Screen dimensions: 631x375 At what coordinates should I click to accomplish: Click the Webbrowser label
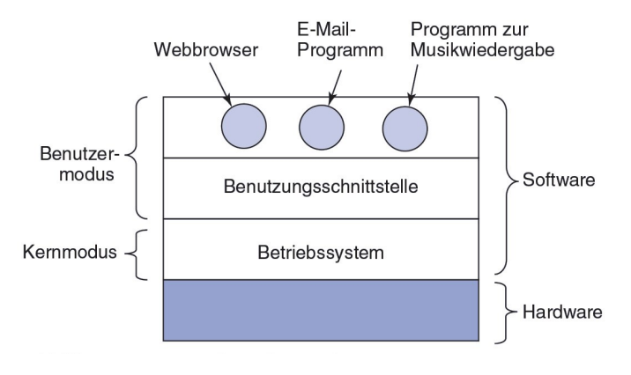tap(206, 50)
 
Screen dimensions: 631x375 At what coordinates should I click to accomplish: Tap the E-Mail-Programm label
tap(340, 40)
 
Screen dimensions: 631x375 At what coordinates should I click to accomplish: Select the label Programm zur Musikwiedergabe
tap(483, 40)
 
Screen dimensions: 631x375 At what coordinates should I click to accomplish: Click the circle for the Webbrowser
tap(244, 126)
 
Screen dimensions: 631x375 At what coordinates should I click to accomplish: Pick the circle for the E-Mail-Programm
tap(322, 128)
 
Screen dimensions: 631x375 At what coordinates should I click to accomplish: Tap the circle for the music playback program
tap(405, 129)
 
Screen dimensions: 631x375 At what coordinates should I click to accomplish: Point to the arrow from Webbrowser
tap(219, 84)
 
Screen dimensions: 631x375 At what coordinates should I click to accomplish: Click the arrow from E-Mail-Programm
tap(335, 87)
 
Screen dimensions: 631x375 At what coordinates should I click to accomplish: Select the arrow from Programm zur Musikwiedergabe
tap(413, 85)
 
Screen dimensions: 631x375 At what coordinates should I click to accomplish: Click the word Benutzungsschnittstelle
tap(321, 187)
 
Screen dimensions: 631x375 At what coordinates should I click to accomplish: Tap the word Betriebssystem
tap(321, 254)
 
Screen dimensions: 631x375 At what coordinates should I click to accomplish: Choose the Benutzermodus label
tap(79, 165)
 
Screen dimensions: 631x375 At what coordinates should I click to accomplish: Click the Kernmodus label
tap(70, 252)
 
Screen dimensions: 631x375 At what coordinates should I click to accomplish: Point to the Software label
tap(559, 180)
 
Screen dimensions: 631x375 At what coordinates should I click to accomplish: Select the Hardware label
tap(562, 312)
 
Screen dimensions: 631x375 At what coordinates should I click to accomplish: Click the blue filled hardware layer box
tap(321, 310)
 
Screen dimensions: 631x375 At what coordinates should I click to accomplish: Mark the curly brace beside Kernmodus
tap(137, 254)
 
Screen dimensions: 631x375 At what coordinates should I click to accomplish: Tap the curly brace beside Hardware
tap(506, 312)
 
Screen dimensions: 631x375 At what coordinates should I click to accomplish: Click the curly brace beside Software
tap(506, 185)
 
